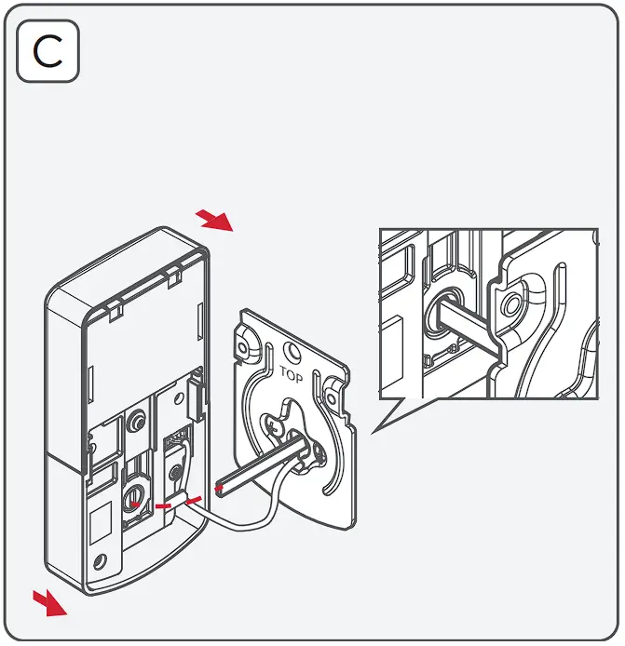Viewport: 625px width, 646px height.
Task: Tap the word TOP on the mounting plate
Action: click(291, 372)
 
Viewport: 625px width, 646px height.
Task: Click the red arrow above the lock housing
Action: click(215, 221)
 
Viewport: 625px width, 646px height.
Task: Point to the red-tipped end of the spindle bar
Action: click(222, 487)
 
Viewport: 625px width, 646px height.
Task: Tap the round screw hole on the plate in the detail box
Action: click(510, 303)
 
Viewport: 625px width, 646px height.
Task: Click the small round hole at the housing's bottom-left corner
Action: click(101, 561)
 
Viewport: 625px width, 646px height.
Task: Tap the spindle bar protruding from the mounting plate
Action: click(265, 465)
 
